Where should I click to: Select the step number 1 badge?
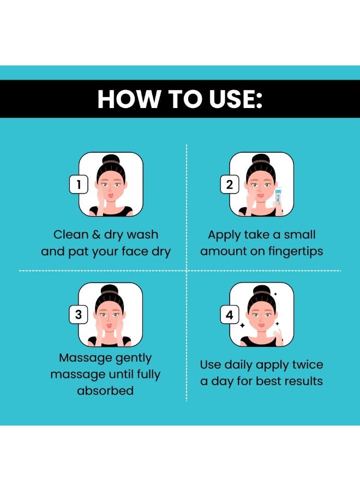[79, 184]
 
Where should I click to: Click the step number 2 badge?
[230, 184]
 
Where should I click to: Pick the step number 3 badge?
[79, 314]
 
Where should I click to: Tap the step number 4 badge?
[230, 314]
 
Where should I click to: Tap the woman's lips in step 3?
[109, 325]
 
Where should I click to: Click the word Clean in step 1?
[71, 235]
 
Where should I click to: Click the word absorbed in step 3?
[105, 391]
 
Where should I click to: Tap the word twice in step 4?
[308, 364]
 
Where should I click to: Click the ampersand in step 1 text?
[96, 235]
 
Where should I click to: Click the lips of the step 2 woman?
[260, 195]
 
